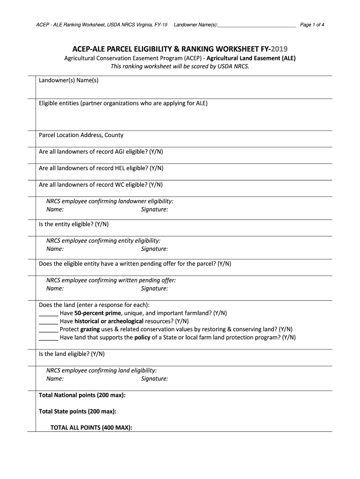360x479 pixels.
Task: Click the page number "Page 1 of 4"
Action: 312,25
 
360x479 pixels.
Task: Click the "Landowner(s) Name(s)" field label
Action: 68,80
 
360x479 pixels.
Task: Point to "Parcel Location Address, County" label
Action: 81,135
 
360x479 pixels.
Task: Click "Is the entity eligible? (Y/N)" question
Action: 73,224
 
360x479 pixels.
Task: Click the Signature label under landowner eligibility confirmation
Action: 154,210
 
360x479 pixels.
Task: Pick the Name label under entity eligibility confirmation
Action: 55,249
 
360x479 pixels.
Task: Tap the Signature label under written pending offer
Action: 154,289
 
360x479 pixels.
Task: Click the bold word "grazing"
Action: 90,329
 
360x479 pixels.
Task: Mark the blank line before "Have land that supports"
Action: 48,338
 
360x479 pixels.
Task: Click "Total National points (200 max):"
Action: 82,395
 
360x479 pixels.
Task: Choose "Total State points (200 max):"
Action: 78,411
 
